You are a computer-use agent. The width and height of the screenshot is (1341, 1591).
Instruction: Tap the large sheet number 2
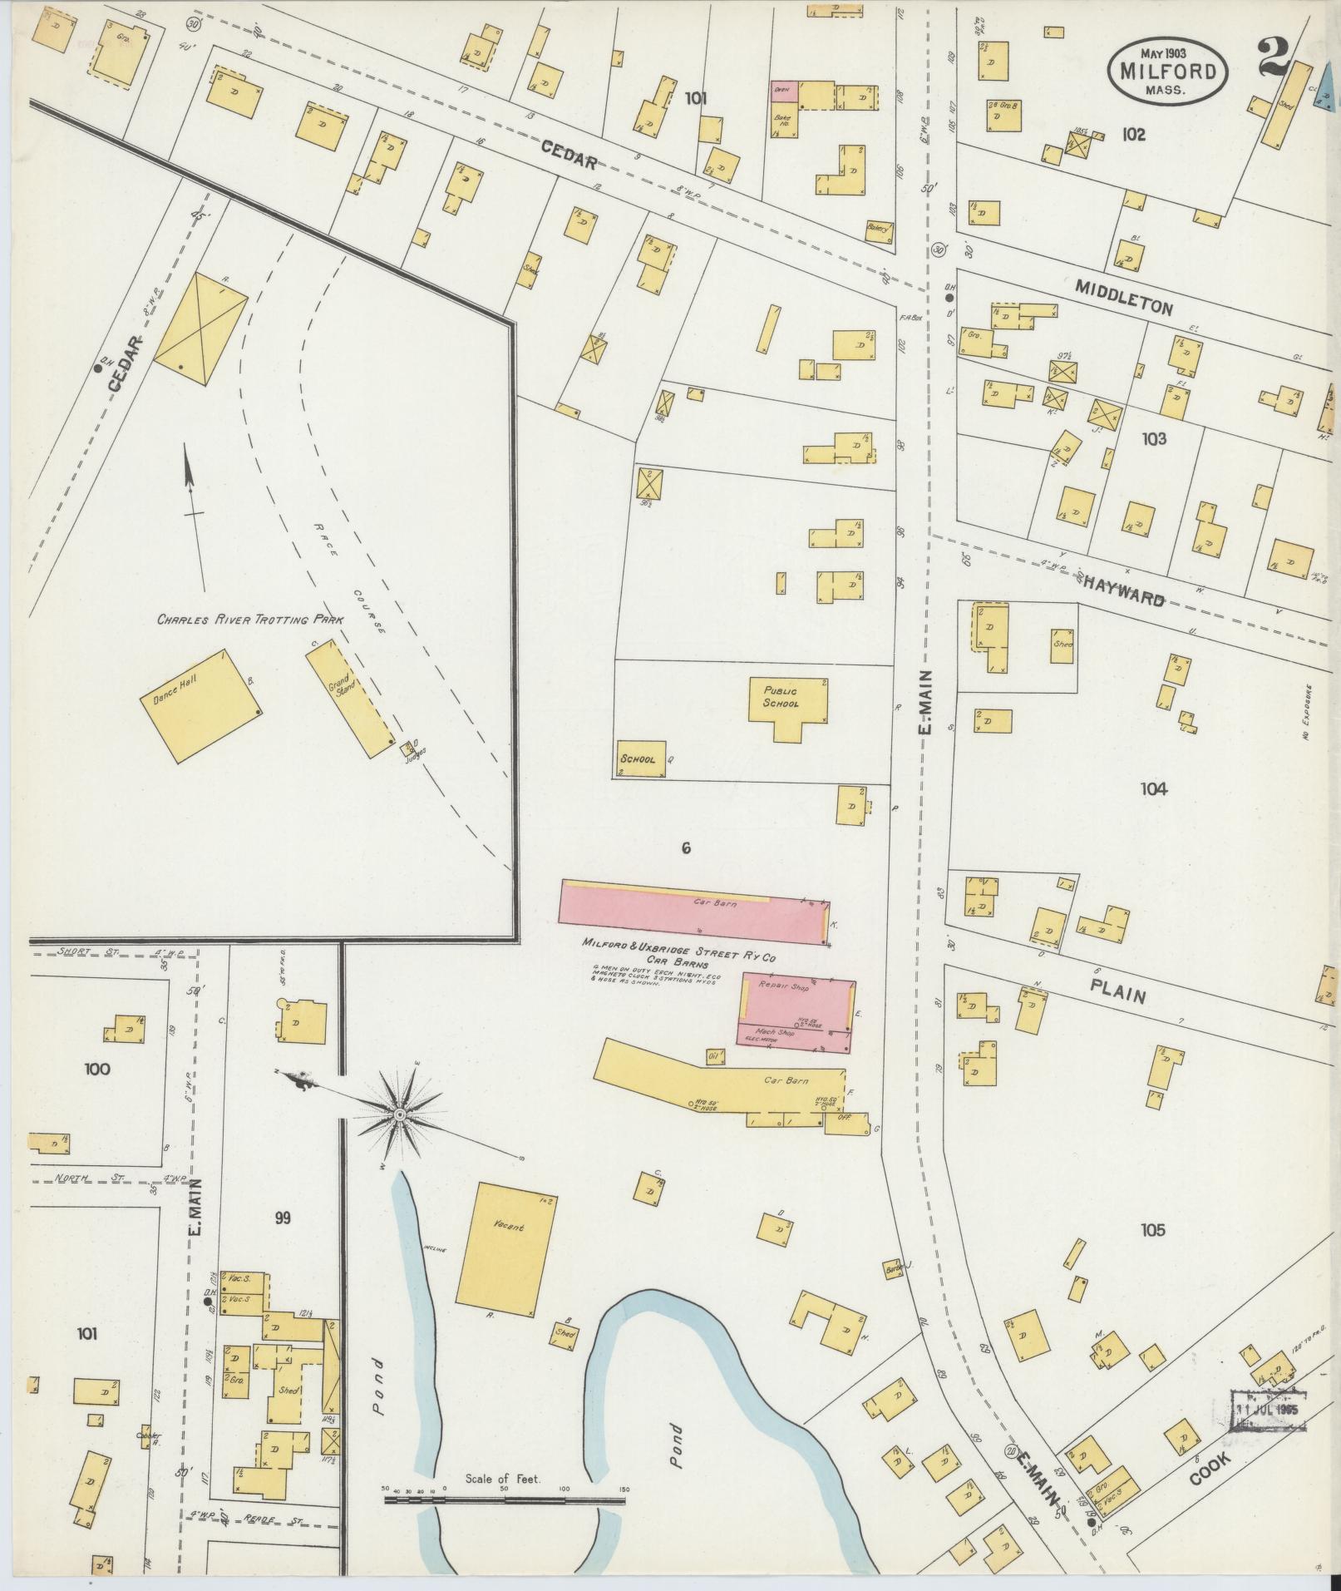(x=1274, y=57)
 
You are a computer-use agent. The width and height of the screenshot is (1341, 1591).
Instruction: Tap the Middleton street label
(x=1123, y=297)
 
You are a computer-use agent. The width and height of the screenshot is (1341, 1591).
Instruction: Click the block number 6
(x=686, y=848)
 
